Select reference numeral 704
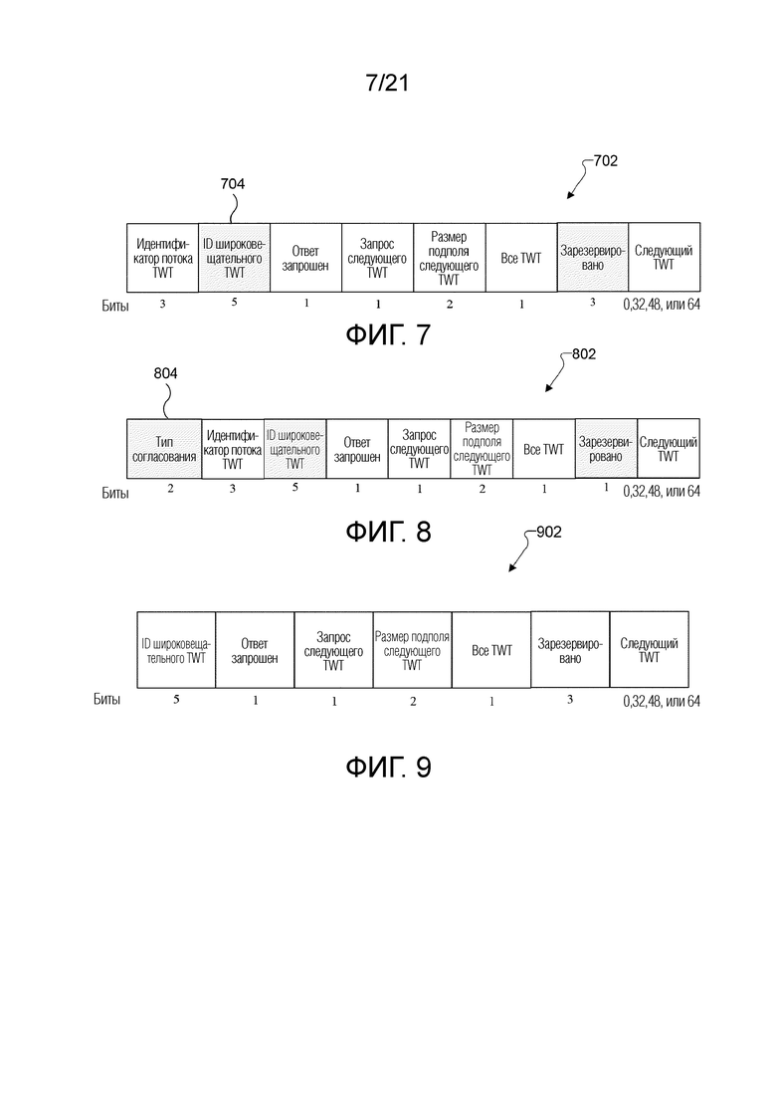232,183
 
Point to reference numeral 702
605,159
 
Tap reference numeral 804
167,373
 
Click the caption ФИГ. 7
387,335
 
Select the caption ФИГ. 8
387,531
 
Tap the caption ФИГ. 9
387,768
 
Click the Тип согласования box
164,449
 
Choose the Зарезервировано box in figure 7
592,258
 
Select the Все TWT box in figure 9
491,650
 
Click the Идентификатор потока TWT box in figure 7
163,258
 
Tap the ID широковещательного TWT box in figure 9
175,650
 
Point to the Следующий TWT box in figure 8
668,449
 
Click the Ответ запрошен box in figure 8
356,449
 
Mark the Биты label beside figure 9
106,701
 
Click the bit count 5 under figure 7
234,303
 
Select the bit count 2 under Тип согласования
170,489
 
